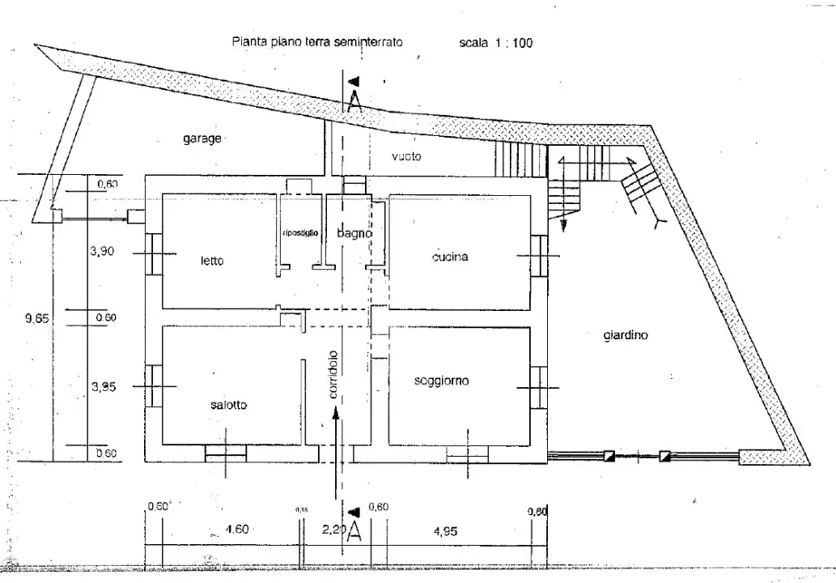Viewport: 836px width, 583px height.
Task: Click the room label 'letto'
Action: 212,262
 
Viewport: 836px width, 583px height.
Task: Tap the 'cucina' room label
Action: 451,257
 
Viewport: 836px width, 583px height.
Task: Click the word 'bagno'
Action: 354,233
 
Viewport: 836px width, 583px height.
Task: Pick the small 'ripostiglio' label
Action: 301,232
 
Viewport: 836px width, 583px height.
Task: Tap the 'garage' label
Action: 202,138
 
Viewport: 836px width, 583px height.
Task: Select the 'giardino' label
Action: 626,334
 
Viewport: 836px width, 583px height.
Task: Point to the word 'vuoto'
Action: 406,156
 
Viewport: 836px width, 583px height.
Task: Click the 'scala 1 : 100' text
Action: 496,43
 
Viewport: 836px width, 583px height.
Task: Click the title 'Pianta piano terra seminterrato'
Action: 317,41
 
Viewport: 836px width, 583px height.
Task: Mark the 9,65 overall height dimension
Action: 37,318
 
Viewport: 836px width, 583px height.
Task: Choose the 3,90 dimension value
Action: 102,252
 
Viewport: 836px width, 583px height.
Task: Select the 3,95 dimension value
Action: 103,387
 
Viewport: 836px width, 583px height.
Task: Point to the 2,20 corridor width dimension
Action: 333,530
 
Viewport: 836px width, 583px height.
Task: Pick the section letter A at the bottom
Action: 354,534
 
